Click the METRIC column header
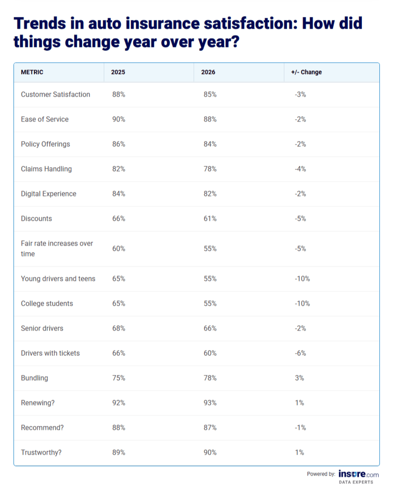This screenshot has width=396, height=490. tap(32, 72)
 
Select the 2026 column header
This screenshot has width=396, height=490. tap(208, 72)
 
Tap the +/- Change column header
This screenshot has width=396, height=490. tap(306, 72)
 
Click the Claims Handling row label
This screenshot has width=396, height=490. tap(46, 169)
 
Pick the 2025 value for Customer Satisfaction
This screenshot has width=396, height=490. tap(119, 94)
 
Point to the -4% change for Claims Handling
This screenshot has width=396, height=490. tap(300, 169)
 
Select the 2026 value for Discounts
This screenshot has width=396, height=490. tap(210, 218)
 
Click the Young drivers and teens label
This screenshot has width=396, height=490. tap(58, 278)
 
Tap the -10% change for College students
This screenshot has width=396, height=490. tap(302, 303)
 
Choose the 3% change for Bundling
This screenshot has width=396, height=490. tap(299, 378)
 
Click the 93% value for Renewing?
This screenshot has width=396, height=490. tap(210, 403)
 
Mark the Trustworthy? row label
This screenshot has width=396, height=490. tap(41, 452)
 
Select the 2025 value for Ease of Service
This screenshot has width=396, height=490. tap(119, 119)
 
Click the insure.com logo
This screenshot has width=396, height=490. tap(358, 474)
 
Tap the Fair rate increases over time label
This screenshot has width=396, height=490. tap(57, 248)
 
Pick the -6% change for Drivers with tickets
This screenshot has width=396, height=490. tap(300, 353)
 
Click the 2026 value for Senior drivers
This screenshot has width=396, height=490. tap(210, 328)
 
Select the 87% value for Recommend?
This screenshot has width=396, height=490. tap(210, 428)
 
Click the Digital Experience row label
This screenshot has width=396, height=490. tap(49, 194)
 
